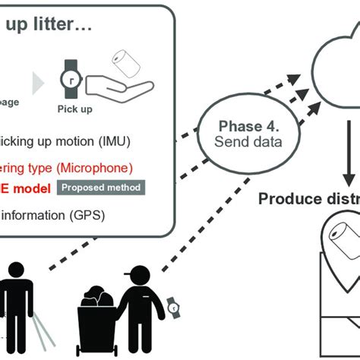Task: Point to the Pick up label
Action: click(x=74, y=109)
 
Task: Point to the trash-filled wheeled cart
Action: click(x=99, y=319)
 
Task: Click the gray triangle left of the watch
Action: click(x=36, y=81)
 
